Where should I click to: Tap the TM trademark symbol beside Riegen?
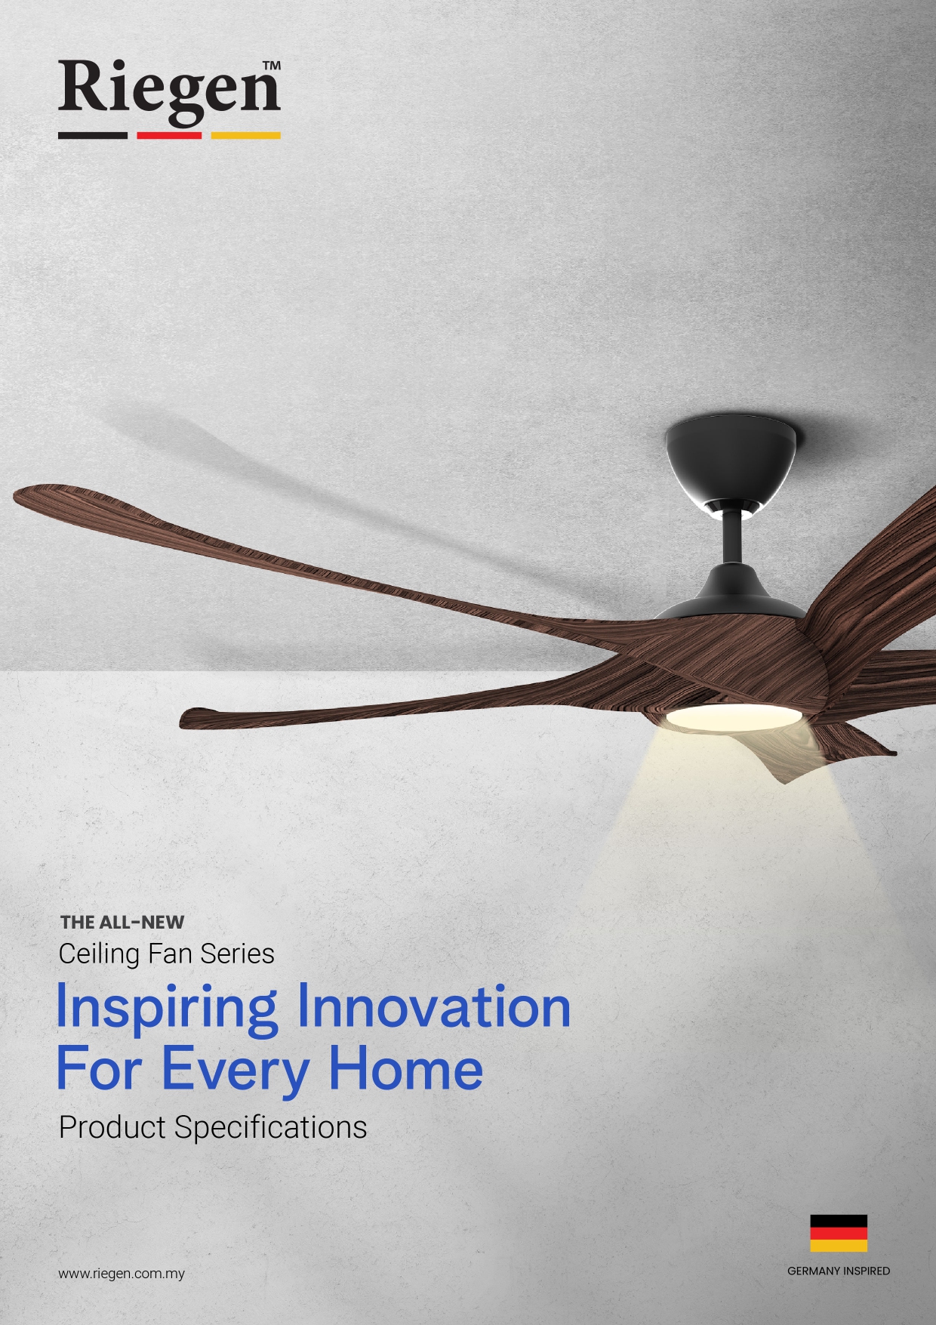click(272, 66)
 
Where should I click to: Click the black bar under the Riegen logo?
click(93, 136)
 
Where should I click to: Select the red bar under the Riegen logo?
click(170, 136)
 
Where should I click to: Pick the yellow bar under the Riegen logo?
click(246, 136)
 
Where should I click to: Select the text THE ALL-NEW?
click(122, 922)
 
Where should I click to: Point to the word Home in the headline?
click(405, 1068)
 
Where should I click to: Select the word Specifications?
click(270, 1128)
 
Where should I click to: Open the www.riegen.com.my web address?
click(122, 1274)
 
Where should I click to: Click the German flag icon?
click(839, 1234)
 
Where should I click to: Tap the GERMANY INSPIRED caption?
click(839, 1271)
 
